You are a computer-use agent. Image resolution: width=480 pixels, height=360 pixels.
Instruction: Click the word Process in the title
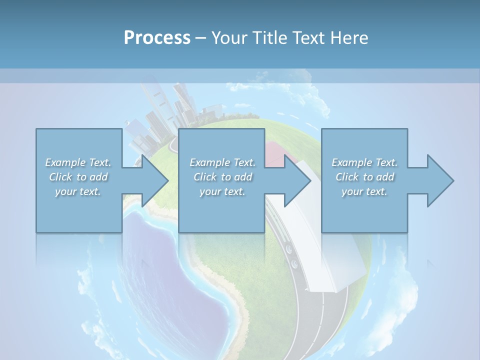coord(157,37)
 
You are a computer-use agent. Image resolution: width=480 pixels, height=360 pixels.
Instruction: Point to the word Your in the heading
coord(229,37)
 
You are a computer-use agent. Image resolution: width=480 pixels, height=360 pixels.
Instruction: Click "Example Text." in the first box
coord(78,162)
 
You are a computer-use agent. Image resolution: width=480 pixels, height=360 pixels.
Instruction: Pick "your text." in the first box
coord(78,191)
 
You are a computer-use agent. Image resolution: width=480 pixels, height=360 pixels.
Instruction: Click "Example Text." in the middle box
coord(222,162)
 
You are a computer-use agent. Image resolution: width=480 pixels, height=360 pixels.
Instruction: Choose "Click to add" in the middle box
coord(222,177)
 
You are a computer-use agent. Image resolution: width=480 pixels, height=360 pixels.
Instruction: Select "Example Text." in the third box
coord(364,162)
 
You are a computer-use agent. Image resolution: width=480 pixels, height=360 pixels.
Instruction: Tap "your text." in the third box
coord(364,191)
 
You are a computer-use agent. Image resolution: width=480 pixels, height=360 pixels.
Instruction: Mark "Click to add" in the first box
coord(78,177)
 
